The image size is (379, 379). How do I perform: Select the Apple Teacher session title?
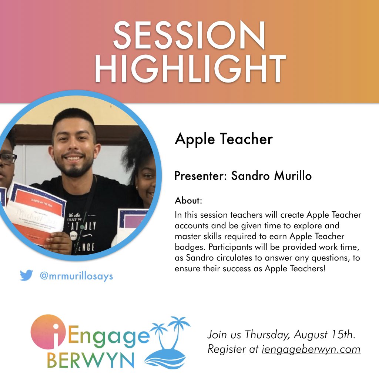[x=224, y=139]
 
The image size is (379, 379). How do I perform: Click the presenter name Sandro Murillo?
[x=271, y=176]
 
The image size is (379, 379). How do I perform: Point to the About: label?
[x=188, y=201]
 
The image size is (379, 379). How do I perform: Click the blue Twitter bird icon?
[x=26, y=275]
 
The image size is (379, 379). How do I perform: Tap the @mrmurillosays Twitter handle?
[x=76, y=276]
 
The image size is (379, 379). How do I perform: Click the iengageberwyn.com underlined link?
[x=311, y=349]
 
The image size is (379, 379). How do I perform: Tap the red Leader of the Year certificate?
[x=35, y=215]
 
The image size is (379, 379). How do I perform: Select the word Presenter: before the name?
[x=200, y=176]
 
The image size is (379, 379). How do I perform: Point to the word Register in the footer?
[x=228, y=349]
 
